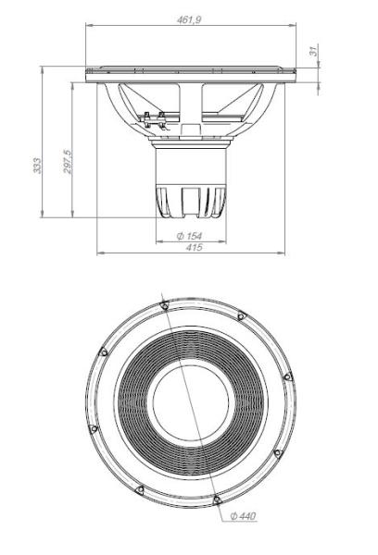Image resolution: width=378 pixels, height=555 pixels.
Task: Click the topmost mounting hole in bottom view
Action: tap(163, 304)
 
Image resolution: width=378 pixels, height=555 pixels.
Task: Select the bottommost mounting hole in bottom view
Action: tap(215, 500)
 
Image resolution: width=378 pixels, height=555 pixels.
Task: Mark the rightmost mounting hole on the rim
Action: tap(287, 376)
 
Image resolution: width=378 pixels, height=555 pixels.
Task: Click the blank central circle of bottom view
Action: tap(189, 402)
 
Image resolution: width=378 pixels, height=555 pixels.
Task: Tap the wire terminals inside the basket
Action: tap(152, 117)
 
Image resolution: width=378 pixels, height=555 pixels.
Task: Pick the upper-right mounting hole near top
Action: tap(241, 317)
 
